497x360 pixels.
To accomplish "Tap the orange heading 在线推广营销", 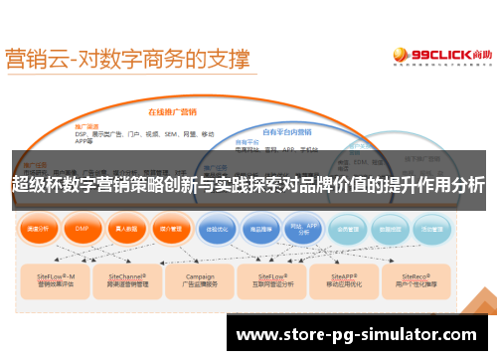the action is [170, 111].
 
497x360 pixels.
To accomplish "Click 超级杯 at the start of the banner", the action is [33, 185].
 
